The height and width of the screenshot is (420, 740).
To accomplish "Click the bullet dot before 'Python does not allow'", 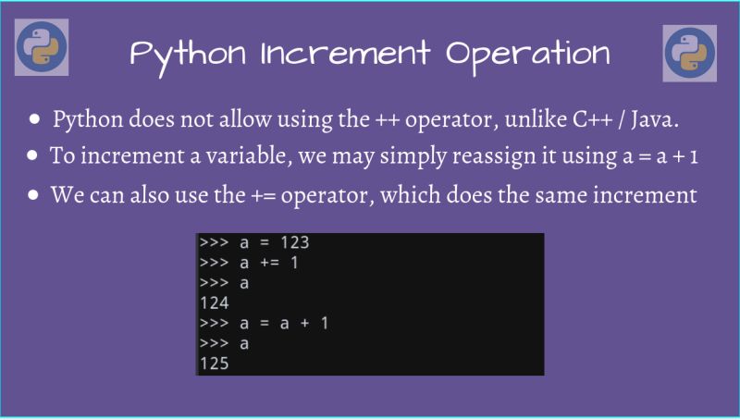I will coord(35,120).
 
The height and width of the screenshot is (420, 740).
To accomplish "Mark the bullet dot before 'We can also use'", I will coord(34,196).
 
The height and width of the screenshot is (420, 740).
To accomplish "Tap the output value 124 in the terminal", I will coord(214,303).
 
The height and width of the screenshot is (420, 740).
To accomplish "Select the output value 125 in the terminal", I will coord(214,364).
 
